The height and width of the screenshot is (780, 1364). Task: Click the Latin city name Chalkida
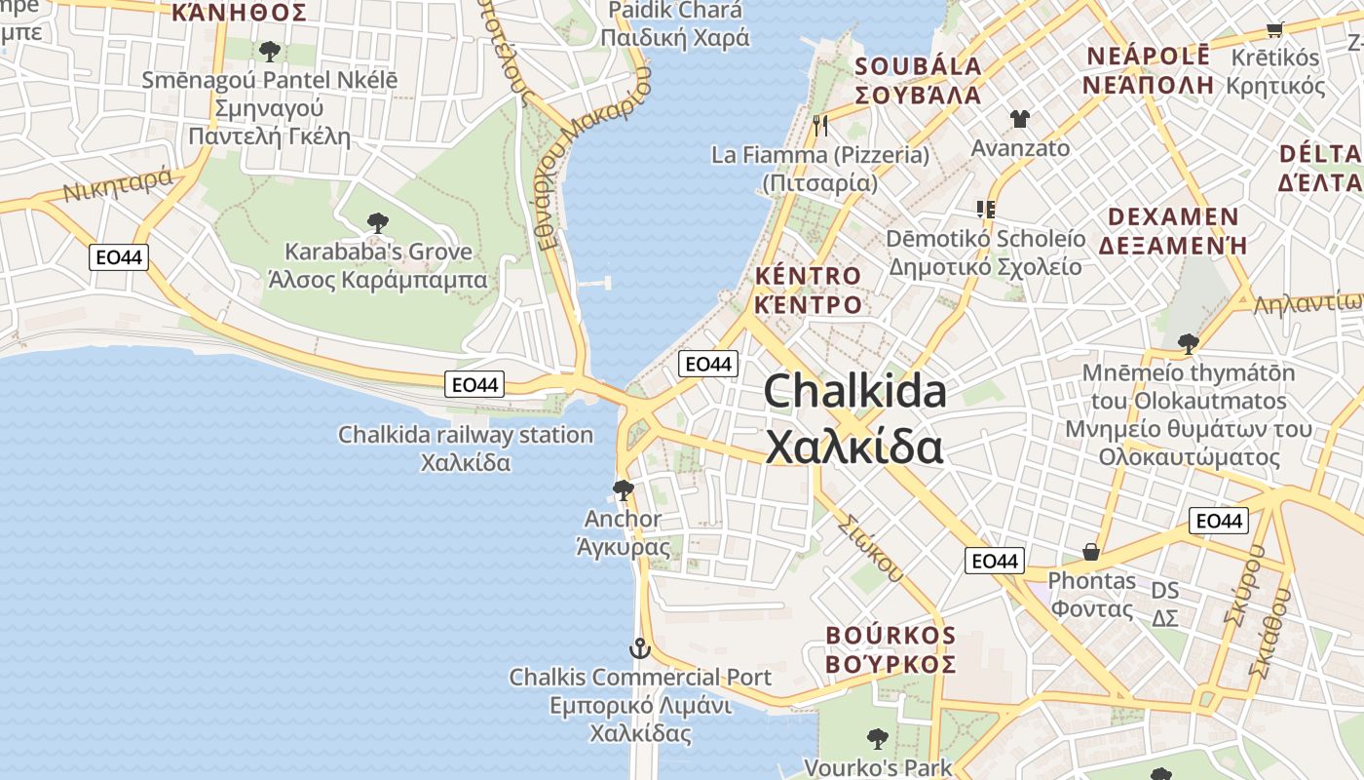point(854,392)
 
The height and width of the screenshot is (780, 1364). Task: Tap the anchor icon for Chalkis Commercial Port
point(639,647)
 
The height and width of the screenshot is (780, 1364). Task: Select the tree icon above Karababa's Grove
point(377,223)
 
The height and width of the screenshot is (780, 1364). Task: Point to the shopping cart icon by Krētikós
point(1274,29)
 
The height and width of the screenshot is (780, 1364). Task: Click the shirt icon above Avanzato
point(1019,119)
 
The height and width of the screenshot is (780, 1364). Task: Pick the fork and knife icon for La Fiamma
point(820,125)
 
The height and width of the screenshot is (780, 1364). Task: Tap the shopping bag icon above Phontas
point(1091,553)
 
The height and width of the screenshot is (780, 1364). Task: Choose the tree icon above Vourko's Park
point(877,738)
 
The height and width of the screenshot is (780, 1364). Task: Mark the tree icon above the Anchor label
point(623,489)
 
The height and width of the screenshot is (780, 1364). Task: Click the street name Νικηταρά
point(117,185)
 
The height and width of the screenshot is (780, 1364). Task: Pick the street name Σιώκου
point(869,548)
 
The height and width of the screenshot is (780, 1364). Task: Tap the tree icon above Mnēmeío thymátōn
point(1188,343)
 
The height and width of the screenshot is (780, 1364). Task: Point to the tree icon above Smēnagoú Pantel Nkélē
point(270,51)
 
